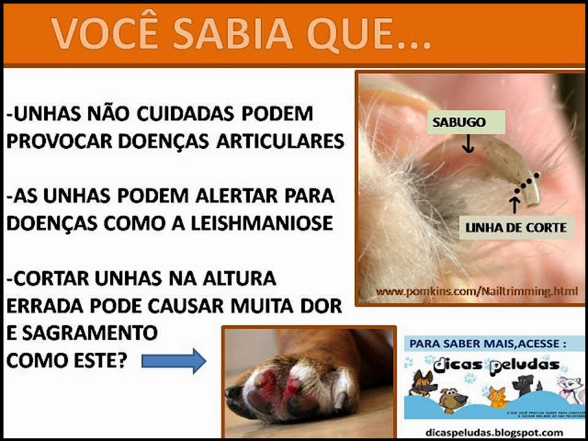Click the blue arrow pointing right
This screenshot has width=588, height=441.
173,361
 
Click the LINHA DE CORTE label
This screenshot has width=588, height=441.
516,228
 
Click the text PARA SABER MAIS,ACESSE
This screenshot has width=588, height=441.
484,344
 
